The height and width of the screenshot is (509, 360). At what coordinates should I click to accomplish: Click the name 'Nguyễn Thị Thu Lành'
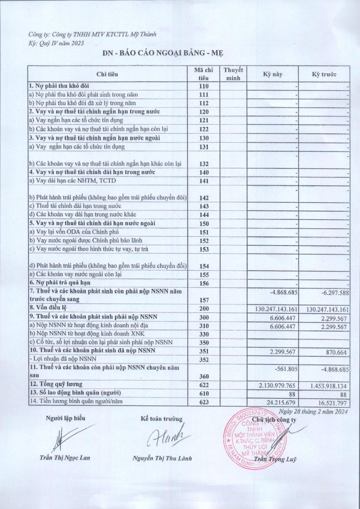point(162,458)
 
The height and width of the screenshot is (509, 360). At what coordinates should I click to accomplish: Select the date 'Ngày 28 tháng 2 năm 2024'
point(314,411)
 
